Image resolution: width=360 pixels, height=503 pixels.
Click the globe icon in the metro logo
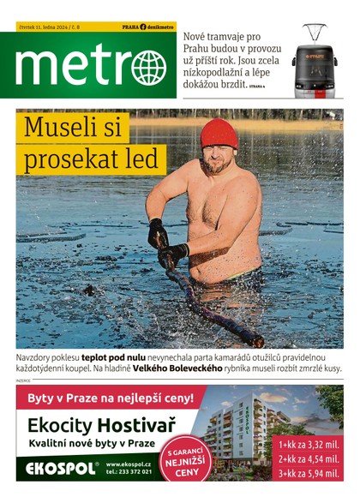tap(148, 67)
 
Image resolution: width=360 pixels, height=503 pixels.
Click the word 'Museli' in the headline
tap(76, 129)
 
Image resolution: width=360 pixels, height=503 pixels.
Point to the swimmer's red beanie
tap(219, 134)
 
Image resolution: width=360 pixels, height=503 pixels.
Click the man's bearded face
tap(218, 159)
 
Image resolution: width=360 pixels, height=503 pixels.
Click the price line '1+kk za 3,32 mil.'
tap(309, 445)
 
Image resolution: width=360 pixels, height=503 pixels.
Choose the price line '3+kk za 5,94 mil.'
tap(309, 473)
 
